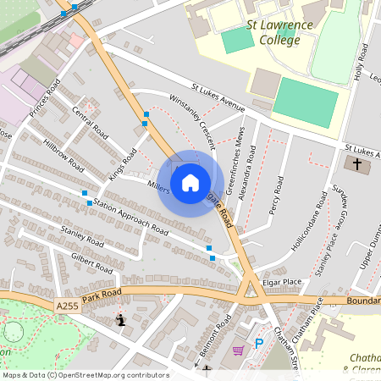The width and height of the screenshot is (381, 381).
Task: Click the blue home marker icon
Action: (x=190, y=182)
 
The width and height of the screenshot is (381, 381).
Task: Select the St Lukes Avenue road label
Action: (x=218, y=97)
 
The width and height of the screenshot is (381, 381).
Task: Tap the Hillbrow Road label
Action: (x=63, y=152)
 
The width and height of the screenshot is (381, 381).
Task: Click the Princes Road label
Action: (x=43, y=100)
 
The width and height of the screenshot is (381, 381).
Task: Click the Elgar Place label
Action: (x=282, y=282)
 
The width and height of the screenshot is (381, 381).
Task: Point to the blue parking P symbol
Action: (x=260, y=344)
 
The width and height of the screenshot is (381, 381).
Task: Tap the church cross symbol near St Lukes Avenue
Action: (x=357, y=163)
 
